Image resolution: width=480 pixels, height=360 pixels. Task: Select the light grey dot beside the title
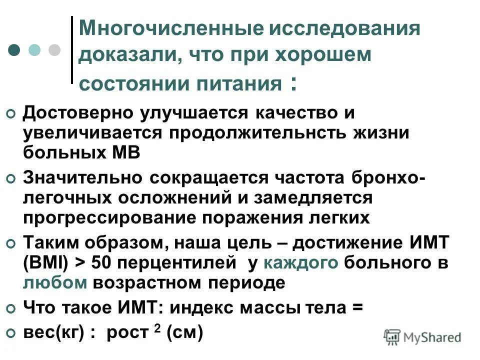54,50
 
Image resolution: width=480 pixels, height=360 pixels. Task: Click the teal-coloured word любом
55,283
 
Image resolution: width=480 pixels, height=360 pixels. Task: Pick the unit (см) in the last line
184,332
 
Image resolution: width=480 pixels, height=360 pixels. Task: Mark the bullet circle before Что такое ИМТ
11,309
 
